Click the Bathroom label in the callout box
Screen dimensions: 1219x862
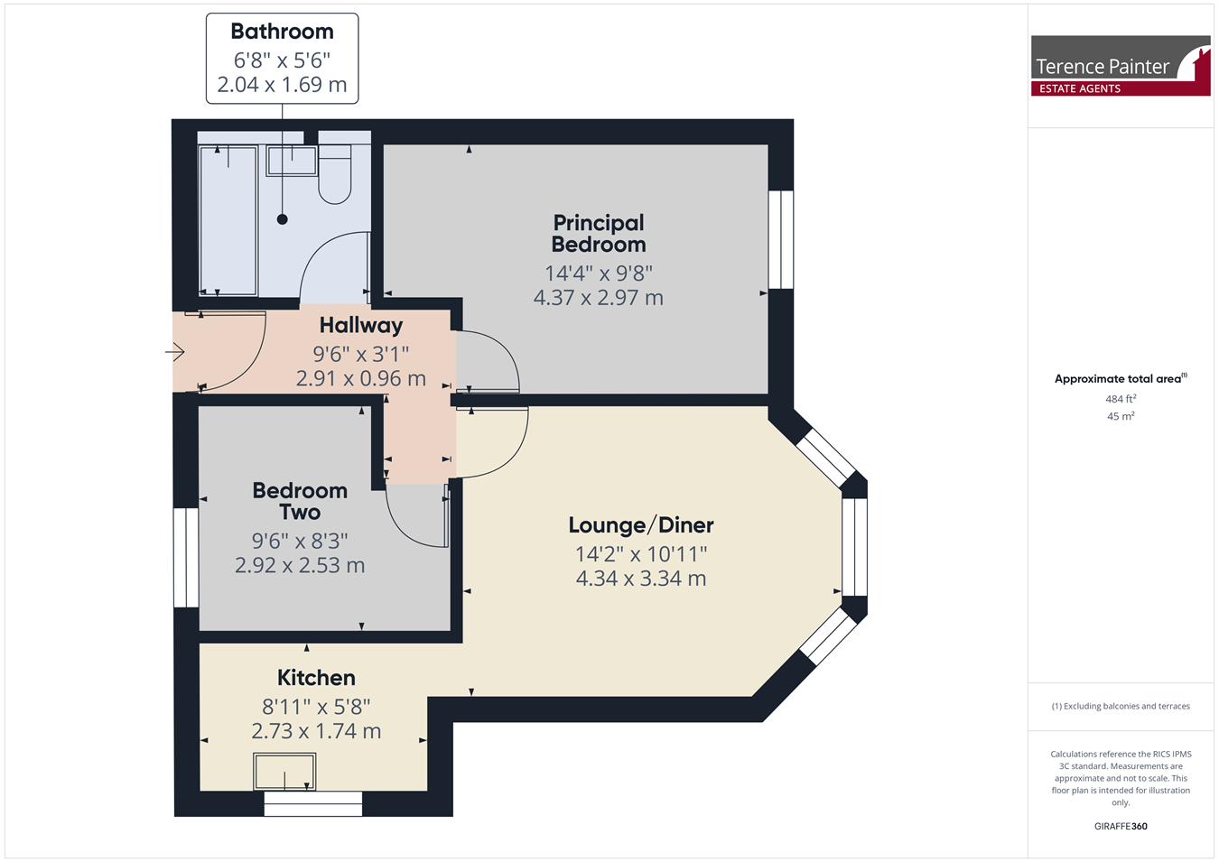282,32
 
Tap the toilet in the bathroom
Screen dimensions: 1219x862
335,174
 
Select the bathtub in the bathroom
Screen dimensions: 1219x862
228,221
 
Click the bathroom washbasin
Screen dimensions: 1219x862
292,161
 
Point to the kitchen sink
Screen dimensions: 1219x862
284,771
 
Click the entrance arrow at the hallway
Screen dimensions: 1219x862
174,352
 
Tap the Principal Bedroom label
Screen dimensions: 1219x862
599,233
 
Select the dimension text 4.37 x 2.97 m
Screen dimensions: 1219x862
598,298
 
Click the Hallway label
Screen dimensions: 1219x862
361,325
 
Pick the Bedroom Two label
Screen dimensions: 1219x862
300,501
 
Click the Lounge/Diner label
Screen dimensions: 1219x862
641,524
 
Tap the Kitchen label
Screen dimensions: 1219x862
316,678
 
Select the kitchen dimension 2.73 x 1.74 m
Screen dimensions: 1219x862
316,731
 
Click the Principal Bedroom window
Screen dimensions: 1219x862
781,239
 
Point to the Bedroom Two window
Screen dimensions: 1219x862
186,558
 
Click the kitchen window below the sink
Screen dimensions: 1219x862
313,804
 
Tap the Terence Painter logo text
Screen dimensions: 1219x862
1102,67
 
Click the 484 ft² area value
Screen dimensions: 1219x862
1121,399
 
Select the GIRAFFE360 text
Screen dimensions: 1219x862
1121,826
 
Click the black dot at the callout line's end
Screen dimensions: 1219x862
283,219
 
